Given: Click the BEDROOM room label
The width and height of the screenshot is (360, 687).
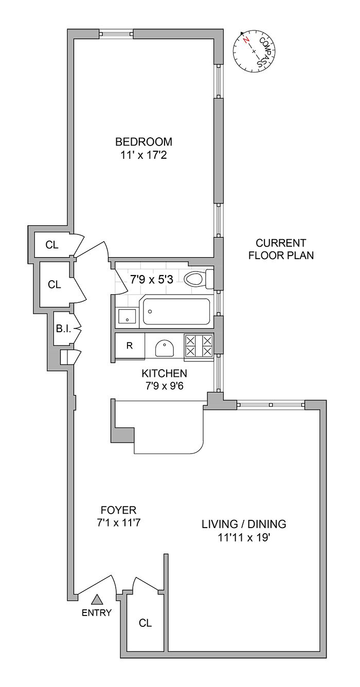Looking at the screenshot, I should coord(143,142).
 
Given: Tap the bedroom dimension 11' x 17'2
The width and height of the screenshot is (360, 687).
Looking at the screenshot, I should coord(143,154).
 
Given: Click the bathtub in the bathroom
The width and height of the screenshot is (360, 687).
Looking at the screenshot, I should coord(176,311).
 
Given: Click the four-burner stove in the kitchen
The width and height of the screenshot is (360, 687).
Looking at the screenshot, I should coord(199,345).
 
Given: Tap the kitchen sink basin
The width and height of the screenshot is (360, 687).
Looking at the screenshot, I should coord(165,347).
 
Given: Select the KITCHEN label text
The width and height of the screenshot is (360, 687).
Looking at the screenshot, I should coord(165,373).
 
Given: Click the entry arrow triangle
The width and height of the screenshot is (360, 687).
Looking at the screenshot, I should coord(97,599).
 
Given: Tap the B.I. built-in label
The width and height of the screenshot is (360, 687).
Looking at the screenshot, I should coord(63,329).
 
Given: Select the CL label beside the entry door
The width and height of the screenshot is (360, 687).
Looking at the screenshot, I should coord(145,623).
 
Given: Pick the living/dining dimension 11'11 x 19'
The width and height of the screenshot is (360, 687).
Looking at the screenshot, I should coord(243,538).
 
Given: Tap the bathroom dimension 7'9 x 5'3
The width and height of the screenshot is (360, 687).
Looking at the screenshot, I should coord(152,280).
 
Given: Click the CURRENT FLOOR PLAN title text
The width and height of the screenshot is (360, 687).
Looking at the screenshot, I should coord(281,249).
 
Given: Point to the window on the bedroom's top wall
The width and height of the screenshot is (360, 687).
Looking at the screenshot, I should coord(116,34).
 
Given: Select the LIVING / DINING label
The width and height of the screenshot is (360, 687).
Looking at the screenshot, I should coord(243,525).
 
